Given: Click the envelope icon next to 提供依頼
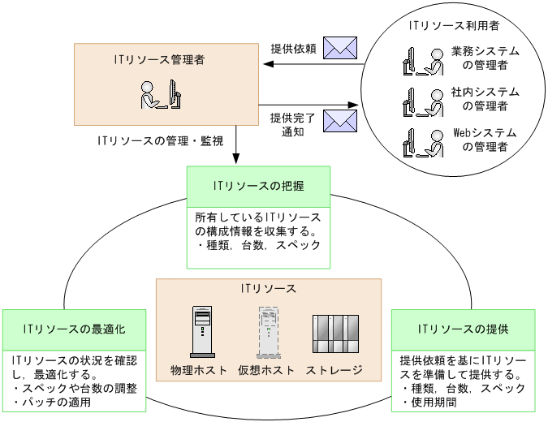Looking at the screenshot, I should click(x=339, y=48).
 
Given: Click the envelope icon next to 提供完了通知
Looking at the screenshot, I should click(x=339, y=121).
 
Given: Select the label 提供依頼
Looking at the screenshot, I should click(x=294, y=48).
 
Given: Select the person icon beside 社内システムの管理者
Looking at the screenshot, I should click(x=421, y=100).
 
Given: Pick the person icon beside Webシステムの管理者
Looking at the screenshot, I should click(x=421, y=141).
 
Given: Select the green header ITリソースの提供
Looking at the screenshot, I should click(x=463, y=329).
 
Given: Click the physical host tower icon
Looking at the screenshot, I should click(x=202, y=333).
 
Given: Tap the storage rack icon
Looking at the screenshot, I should click(x=334, y=333).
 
